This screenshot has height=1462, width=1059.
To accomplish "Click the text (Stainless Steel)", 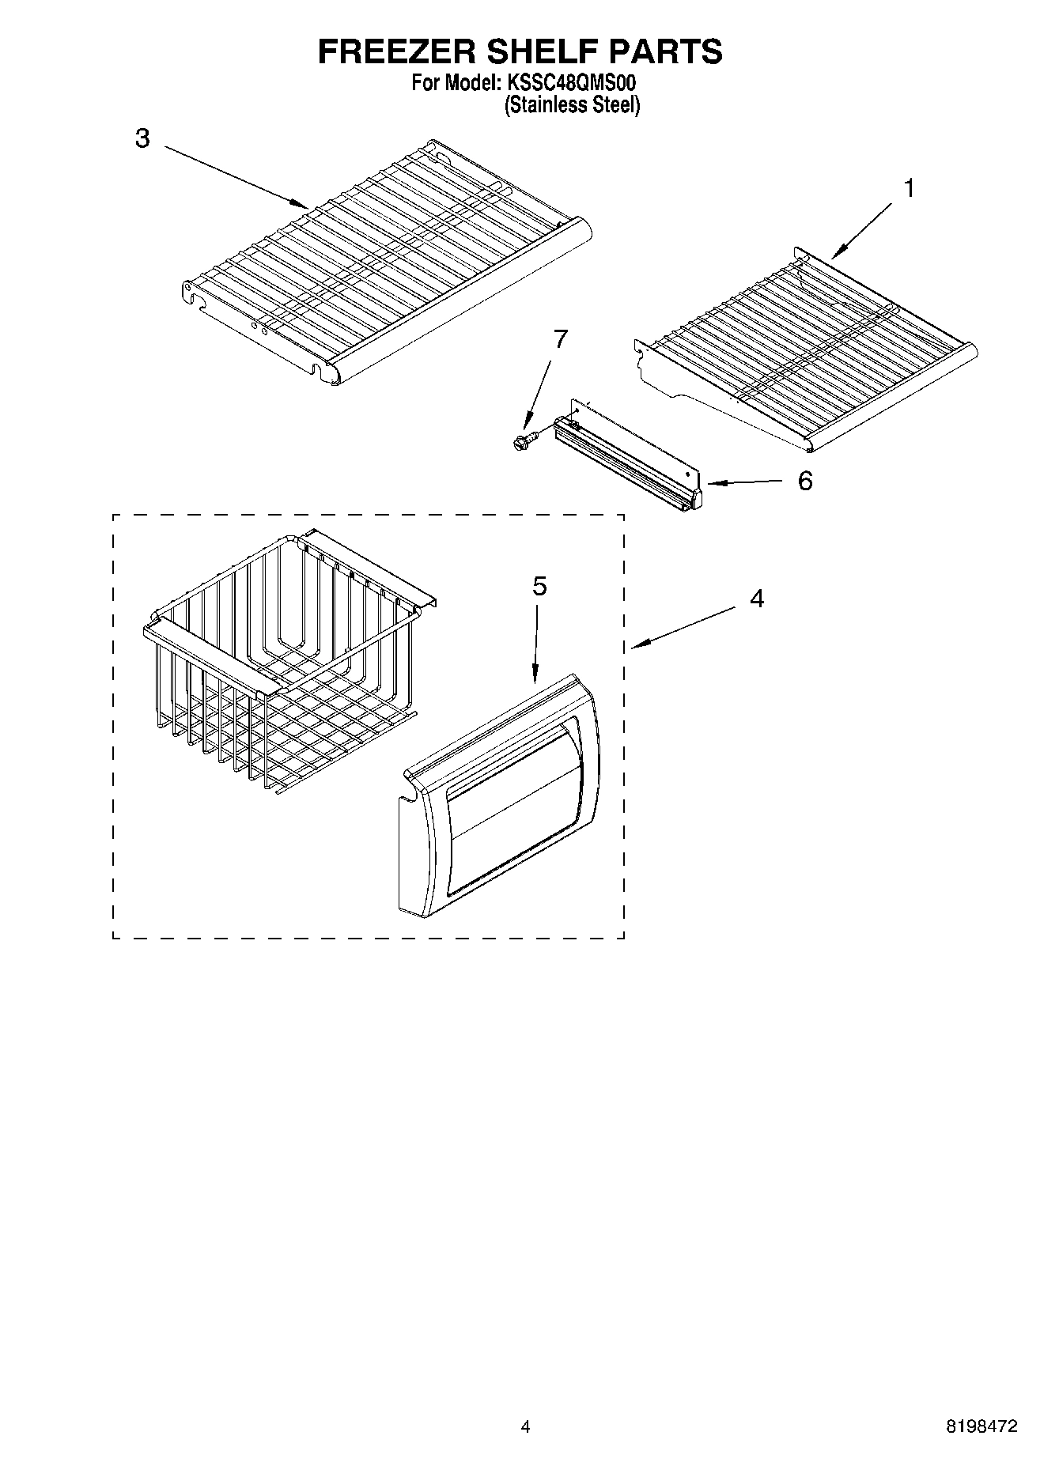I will coord(572,104).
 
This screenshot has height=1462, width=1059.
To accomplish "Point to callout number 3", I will coord(142,139).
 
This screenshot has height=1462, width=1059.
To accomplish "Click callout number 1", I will coord(910,188).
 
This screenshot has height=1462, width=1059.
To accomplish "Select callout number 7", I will coord(560,339).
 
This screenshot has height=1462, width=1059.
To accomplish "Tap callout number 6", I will coord(804,481).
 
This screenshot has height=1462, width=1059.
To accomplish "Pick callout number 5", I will coord(539,586).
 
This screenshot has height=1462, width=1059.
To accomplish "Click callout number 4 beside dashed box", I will coord(757,599).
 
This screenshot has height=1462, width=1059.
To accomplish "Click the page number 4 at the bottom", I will coord(524,1426).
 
